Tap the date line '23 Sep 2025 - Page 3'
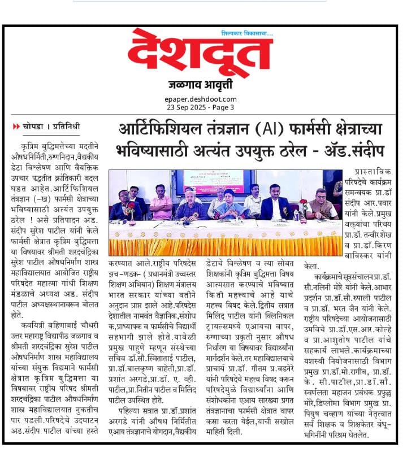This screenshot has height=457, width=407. pyautogui.click(x=201, y=107)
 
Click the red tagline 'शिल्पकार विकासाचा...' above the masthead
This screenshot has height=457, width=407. pyautogui.click(x=246, y=33)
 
